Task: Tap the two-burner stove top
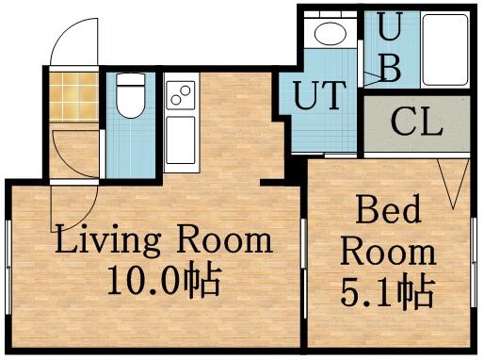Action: click(x=179, y=95)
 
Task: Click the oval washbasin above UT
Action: click(x=331, y=35)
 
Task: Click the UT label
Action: click(x=319, y=96)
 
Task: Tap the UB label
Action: click(x=389, y=47)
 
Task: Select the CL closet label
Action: click(x=417, y=123)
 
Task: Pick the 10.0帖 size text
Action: click(x=162, y=281)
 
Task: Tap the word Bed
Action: click(x=388, y=210)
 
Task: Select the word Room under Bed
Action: click(x=388, y=252)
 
